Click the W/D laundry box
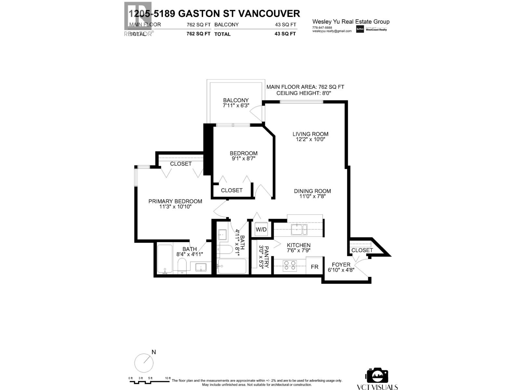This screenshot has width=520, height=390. point(261,229)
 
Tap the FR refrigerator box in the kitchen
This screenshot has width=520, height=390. point(314,267)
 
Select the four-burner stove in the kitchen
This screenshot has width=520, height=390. point(290,266)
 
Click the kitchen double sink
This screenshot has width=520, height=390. point(299,229)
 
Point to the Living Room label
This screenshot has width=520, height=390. point(310,134)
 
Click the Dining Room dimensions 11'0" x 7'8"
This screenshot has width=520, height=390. point(312,196)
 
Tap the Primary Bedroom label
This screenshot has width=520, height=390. point(175,201)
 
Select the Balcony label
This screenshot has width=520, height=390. point(236,100)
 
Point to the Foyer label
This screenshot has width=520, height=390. point(341,265)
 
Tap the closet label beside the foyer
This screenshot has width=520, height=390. point(362,250)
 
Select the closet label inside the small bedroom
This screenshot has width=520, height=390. point(231,190)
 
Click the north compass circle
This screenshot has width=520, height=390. point(144,363)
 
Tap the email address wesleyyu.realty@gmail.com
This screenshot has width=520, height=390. point(332,31)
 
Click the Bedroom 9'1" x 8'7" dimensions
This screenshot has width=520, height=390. point(243,159)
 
